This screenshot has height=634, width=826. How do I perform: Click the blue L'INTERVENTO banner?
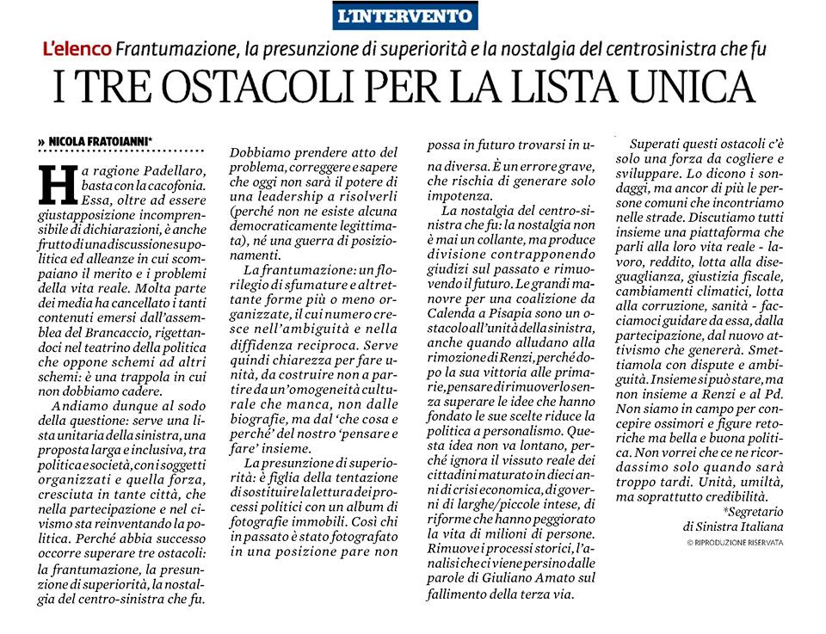click(404, 15)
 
